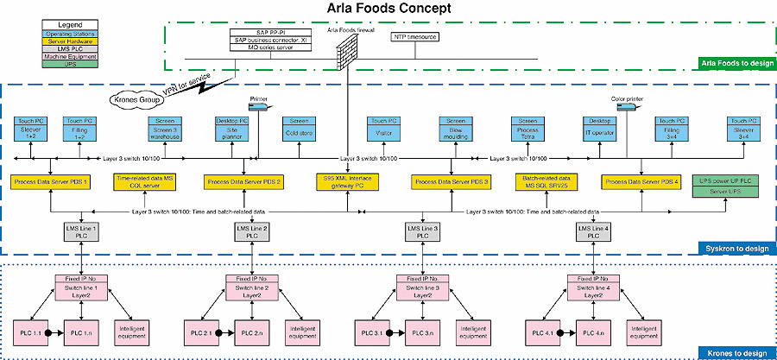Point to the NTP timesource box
(415, 37)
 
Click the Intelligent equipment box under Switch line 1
(129, 332)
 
